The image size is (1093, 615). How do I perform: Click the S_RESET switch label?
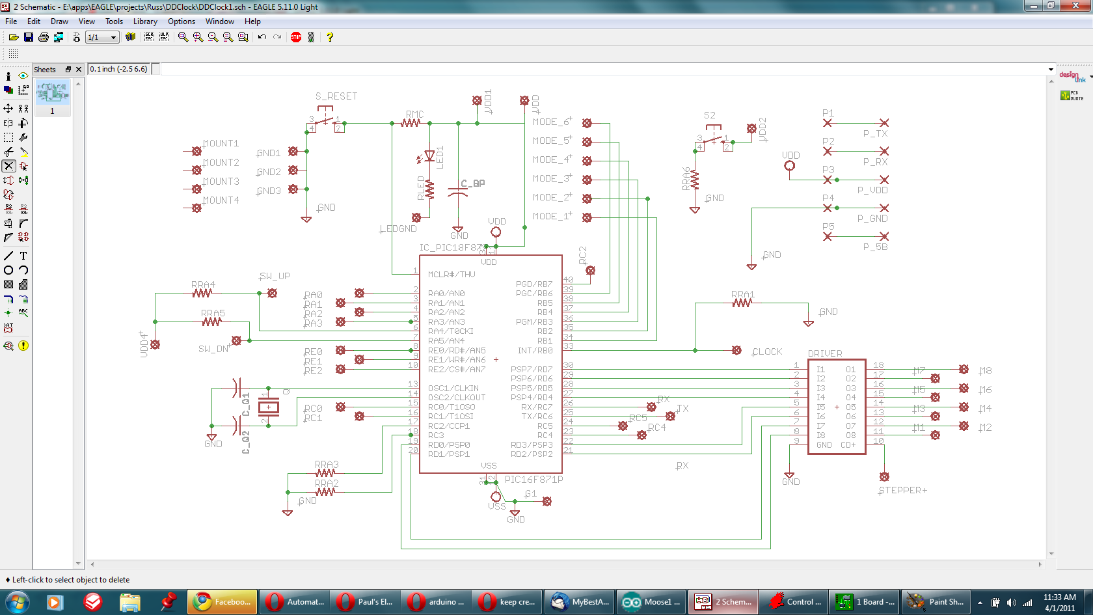tap(336, 96)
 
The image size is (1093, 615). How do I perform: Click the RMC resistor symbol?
tap(411, 122)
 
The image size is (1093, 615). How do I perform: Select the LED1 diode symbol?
tap(429, 156)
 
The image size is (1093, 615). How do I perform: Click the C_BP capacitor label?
tap(472, 184)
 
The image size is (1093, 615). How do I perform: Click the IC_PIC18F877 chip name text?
tap(452, 247)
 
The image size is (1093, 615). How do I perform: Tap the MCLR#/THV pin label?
tap(452, 275)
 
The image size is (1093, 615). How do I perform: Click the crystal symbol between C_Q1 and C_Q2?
tap(269, 407)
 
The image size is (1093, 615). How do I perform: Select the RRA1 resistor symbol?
tap(742, 303)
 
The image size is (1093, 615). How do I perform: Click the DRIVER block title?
tap(824, 353)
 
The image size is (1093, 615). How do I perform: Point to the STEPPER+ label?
tap(902, 491)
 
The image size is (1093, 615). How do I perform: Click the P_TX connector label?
tap(875, 133)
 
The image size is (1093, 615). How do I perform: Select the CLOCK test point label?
tap(767, 351)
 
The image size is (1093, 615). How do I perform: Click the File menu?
tap(11, 21)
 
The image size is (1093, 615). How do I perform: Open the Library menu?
tap(145, 21)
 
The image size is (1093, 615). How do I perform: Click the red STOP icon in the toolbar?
tap(296, 37)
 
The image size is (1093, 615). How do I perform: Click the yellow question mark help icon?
tap(330, 37)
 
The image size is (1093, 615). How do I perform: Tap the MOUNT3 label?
tap(221, 182)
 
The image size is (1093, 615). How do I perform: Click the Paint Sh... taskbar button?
tap(938, 602)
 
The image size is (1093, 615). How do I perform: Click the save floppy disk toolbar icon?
tap(28, 37)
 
